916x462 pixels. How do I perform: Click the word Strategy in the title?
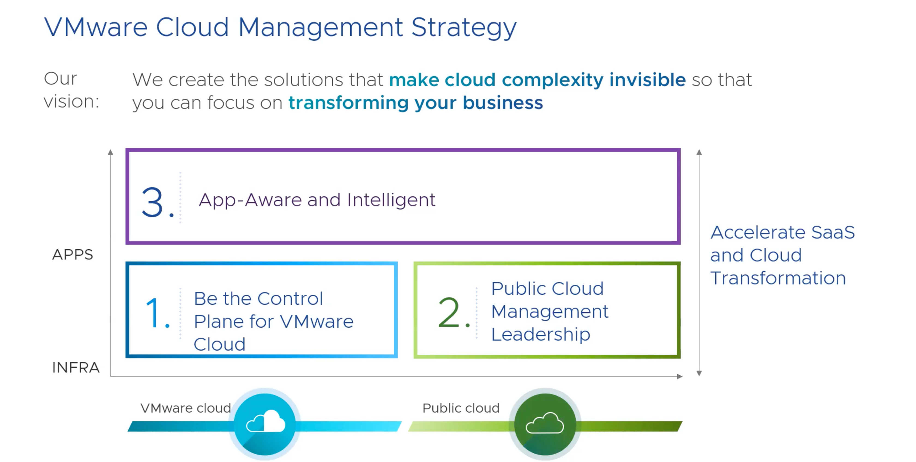(x=464, y=28)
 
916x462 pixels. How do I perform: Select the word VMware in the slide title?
(x=96, y=27)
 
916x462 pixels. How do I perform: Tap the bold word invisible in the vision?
(x=647, y=79)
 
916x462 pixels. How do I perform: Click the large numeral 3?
(x=152, y=202)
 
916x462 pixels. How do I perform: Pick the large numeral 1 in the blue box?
(x=153, y=313)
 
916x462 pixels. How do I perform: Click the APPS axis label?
(x=73, y=254)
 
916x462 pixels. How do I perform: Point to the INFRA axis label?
(x=76, y=367)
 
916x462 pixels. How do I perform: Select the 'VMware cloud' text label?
(x=186, y=408)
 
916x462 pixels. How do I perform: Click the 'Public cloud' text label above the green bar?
(x=461, y=408)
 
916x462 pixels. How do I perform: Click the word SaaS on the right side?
(x=833, y=232)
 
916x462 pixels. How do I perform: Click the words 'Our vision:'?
(x=71, y=90)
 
